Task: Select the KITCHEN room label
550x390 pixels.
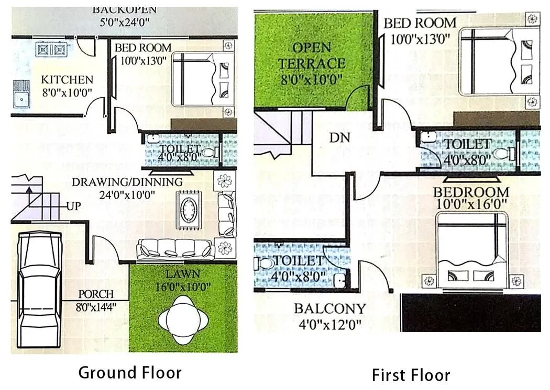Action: pos(67,80)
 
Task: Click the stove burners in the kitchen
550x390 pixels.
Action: pos(52,50)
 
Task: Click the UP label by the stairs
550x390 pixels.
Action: pos(73,206)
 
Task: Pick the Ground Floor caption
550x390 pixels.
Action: pos(130,372)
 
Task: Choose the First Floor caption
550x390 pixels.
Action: pos(410,375)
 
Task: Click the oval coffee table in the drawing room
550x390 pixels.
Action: pos(188,210)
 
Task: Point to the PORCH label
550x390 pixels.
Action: pos(96,294)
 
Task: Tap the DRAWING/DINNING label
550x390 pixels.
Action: pos(127,182)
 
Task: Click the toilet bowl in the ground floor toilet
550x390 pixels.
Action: pos(209,153)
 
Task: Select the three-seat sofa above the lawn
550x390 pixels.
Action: pos(175,249)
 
